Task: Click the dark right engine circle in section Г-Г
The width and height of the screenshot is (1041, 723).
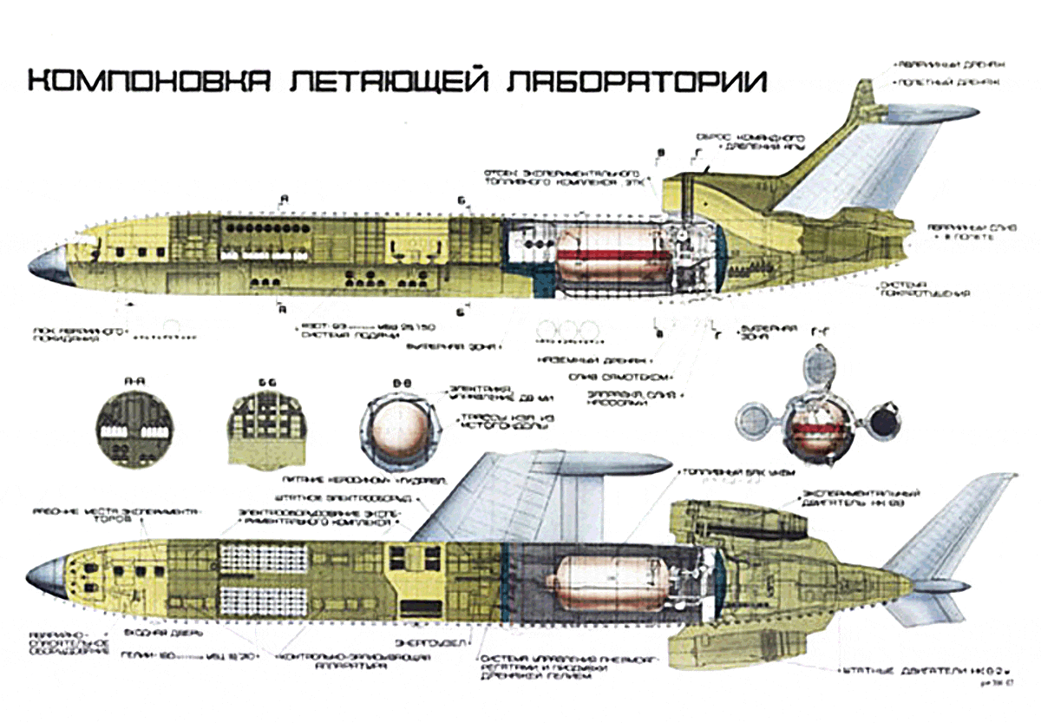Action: (x=884, y=423)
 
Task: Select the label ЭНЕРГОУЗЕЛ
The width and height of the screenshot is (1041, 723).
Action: (x=424, y=643)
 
